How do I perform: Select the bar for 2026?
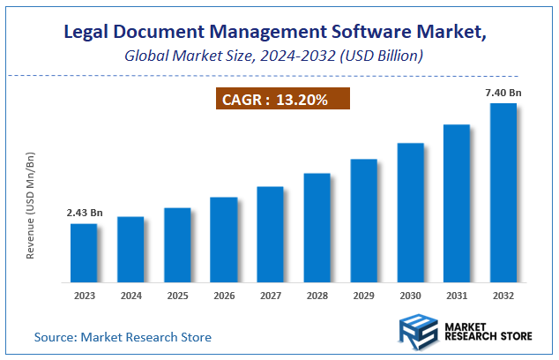[223, 237]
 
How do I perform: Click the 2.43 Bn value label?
[84, 213]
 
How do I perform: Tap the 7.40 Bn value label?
[503, 94]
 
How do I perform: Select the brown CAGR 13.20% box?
[283, 100]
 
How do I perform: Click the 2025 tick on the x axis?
[177, 295]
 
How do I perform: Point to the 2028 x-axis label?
[317, 295]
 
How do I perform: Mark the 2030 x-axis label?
[410, 295]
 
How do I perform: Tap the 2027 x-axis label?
[270, 295]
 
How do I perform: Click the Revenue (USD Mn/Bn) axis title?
[31, 205]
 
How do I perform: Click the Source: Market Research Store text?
[123, 337]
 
